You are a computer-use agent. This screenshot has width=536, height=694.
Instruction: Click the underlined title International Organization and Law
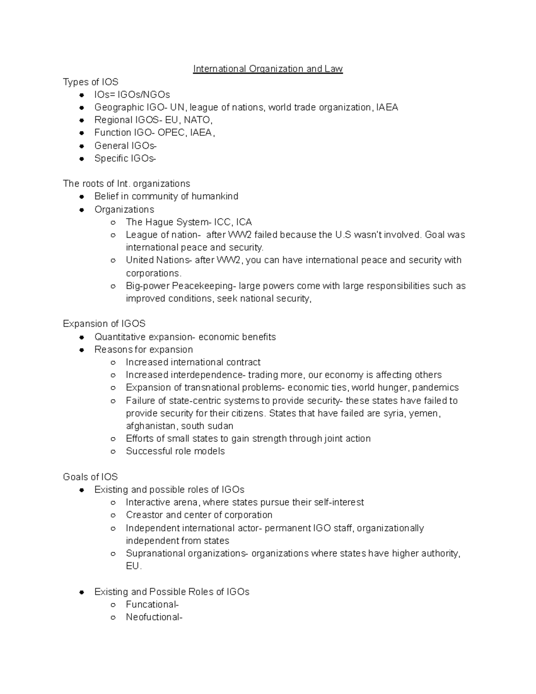pos(268,69)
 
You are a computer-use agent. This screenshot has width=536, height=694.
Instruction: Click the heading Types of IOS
pos(91,82)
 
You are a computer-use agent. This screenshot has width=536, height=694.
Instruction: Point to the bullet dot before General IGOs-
pos(82,146)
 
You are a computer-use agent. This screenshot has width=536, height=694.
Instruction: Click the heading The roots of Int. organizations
pos(126,184)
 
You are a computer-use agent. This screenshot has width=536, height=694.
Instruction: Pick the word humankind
pos(215,196)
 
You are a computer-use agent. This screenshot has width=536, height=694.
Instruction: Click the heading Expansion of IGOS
pos(104,324)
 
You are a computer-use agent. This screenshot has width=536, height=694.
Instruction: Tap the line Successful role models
pos(175,451)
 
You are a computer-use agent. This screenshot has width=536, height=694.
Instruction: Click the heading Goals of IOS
pos(90,477)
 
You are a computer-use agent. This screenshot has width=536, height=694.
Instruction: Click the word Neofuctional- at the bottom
pos(154,617)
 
